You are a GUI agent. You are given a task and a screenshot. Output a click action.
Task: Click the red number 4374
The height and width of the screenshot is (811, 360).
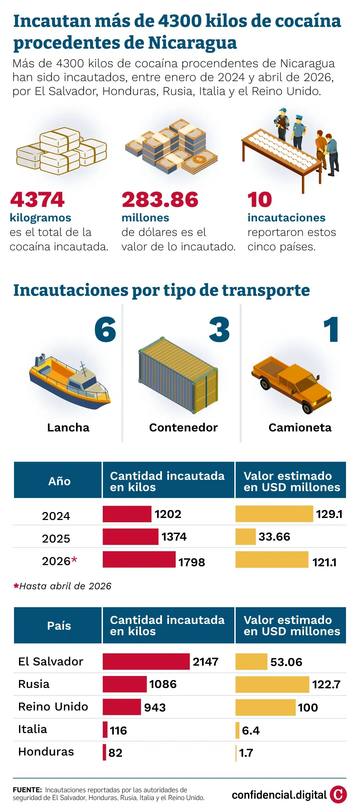pos(37,200)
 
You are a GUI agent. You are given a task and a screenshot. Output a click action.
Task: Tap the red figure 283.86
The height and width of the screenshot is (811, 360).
pos(160,200)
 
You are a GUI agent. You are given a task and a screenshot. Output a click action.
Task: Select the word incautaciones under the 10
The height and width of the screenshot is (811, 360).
pos(286,218)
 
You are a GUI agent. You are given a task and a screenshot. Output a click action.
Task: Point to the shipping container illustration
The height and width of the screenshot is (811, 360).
pos(178,375)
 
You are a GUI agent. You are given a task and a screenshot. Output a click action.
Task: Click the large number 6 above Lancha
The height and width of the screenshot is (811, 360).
pos(105,330)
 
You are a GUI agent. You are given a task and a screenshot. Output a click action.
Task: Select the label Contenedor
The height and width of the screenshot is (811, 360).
pos(183,427)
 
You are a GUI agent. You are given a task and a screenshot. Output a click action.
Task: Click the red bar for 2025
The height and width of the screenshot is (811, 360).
pos(130,537)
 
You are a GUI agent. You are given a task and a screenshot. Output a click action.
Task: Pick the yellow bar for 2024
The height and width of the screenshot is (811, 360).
pos(274,514)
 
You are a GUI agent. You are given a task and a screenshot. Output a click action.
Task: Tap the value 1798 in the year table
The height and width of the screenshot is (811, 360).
pos(192,562)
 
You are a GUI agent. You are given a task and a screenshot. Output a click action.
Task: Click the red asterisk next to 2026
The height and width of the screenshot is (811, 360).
pos(74,559)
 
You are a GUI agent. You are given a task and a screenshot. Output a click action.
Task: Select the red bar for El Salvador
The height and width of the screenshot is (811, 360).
pos(146,661)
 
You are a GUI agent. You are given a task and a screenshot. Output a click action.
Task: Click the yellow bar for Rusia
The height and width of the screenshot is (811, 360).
pos(272,684)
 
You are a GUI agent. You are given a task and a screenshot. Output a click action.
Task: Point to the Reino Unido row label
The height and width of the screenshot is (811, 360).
pos(53,707)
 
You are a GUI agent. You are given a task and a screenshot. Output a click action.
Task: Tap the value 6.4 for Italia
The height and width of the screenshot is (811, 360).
pos(251,730)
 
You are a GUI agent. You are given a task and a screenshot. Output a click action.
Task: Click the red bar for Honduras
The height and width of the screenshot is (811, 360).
pos(104,752)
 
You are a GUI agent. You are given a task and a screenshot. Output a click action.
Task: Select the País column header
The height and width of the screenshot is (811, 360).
pos(59,626)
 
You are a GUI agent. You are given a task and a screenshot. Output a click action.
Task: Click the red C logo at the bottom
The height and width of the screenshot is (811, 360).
pos(338,795)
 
